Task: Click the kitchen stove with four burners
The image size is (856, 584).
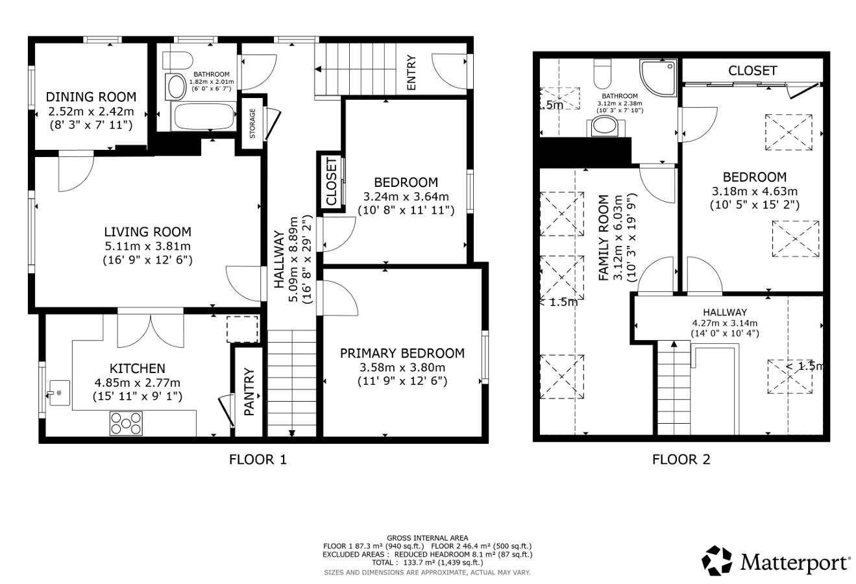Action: pyautogui.click(x=126, y=423)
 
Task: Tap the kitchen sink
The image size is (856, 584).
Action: pyautogui.click(x=59, y=393)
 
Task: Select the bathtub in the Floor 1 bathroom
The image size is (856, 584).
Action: pyautogui.click(x=204, y=116)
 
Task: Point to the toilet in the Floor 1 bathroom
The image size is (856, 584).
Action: pyautogui.click(x=178, y=60)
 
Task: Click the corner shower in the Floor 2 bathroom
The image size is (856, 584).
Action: pyautogui.click(x=659, y=78)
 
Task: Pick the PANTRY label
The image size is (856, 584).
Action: pyautogui.click(x=249, y=392)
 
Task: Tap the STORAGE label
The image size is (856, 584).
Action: pyautogui.click(x=252, y=123)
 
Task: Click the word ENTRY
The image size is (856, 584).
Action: pyautogui.click(x=411, y=73)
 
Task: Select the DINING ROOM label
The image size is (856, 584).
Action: pyautogui.click(x=91, y=97)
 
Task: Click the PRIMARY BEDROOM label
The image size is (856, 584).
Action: pyautogui.click(x=402, y=353)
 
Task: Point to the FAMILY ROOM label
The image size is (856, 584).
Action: pyautogui.click(x=604, y=237)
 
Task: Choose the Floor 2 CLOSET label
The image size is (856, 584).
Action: pyautogui.click(x=752, y=71)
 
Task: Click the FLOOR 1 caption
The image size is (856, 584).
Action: pyautogui.click(x=258, y=459)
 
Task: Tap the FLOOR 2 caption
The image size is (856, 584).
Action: pyautogui.click(x=681, y=459)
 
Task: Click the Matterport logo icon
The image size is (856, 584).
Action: pyautogui.click(x=716, y=560)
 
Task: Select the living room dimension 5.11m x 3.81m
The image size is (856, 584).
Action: pyautogui.click(x=148, y=246)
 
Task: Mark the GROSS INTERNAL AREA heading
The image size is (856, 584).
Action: pyautogui.click(x=427, y=538)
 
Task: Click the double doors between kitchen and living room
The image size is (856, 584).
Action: pyautogui.click(x=151, y=330)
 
